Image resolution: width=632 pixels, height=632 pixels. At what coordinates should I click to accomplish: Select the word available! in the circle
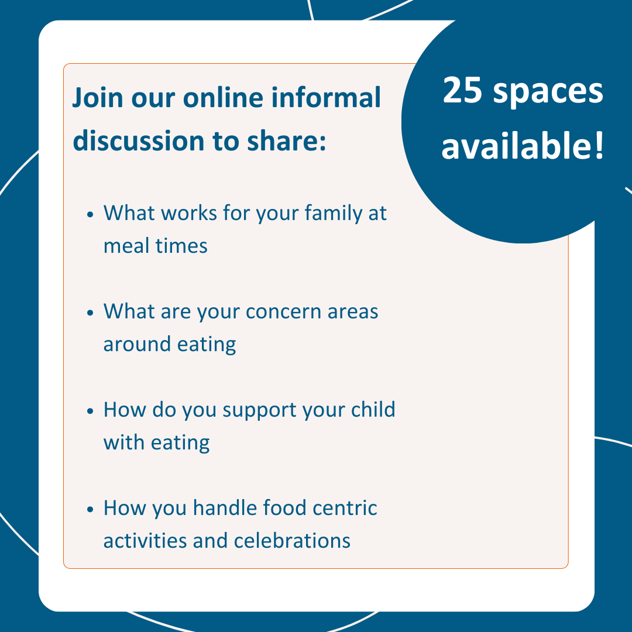coord(522,146)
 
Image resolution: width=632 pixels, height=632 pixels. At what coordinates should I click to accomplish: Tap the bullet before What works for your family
coord(90,215)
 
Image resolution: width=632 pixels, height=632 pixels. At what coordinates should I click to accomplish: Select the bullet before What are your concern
coord(90,313)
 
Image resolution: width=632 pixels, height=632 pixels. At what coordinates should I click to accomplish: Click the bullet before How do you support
coord(90,411)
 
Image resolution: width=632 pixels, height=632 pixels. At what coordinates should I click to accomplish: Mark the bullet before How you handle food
coord(90,510)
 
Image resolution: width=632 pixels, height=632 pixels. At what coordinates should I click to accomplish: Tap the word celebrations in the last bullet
coord(292,541)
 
